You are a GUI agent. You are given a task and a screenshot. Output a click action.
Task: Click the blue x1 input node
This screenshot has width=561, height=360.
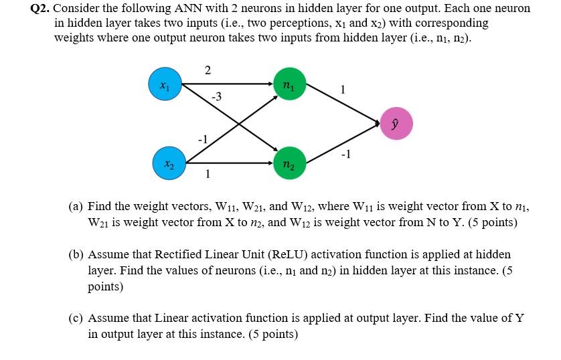pyautogui.click(x=164, y=84)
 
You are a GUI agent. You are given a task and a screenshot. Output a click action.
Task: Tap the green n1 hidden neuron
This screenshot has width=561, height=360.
pyautogui.click(x=289, y=84)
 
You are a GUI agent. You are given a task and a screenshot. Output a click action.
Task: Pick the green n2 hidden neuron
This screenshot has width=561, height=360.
pyautogui.click(x=289, y=163)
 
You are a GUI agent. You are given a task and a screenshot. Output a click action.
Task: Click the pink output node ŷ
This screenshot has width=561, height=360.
pyautogui.click(x=396, y=124)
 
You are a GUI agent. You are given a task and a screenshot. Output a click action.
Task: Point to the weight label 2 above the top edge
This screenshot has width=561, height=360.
pyautogui.click(x=208, y=70)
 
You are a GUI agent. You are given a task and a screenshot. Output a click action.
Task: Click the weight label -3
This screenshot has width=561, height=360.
pyautogui.click(x=216, y=98)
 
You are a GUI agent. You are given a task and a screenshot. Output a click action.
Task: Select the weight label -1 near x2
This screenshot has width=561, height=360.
pyautogui.click(x=203, y=139)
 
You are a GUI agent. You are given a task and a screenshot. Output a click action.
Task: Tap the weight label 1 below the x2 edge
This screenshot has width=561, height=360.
pyautogui.click(x=208, y=175)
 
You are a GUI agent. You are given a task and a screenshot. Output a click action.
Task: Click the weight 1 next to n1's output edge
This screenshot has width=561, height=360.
pyautogui.click(x=343, y=89)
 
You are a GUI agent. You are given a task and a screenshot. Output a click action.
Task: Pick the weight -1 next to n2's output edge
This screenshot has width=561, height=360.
pyautogui.click(x=345, y=155)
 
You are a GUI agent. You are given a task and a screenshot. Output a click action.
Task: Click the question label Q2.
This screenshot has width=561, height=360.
pyautogui.click(x=42, y=9)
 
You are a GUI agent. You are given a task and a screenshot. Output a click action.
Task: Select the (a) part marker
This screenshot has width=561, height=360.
pyautogui.click(x=76, y=207)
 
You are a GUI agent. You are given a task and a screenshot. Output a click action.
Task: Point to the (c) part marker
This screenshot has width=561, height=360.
pyautogui.click(x=76, y=318)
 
